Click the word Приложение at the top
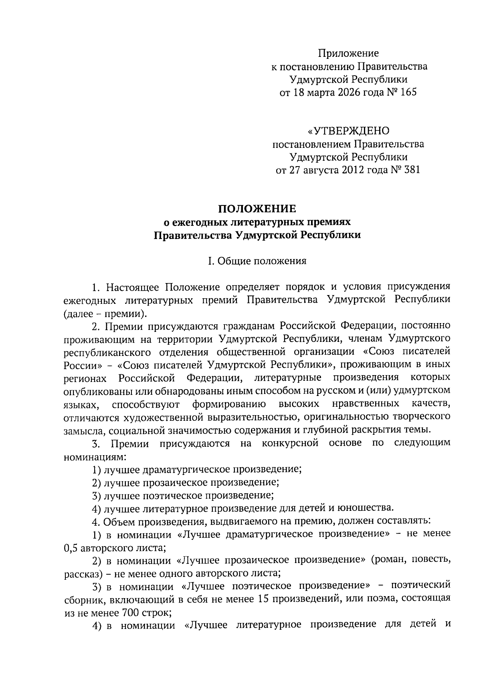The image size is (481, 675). (348, 53)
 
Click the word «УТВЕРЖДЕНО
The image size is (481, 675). (348, 131)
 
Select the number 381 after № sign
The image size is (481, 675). (411, 170)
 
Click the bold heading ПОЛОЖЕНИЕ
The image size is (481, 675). (257, 209)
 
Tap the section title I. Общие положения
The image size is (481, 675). (257, 261)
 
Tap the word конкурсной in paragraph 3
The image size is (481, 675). (290, 443)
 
